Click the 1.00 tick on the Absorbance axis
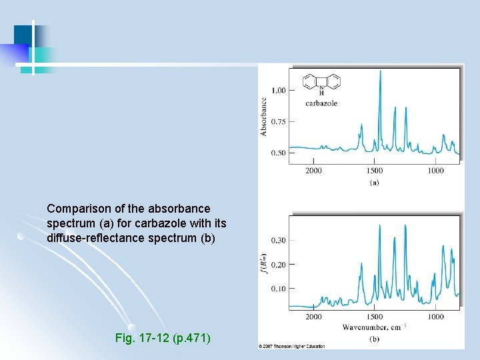click(278, 90)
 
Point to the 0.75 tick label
click(278, 121)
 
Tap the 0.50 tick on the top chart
click(278, 153)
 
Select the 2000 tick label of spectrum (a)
click(313, 171)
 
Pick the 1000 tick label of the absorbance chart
click(435, 171)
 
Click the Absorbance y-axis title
click(264, 117)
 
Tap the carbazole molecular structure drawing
click(321, 83)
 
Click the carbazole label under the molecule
click(321, 103)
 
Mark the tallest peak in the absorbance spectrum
click(380, 71)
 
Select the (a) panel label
click(374, 182)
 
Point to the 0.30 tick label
click(278, 240)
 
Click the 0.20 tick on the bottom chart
click(278, 265)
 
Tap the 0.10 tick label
click(278, 289)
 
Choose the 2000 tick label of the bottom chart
click(313, 317)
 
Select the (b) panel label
click(374, 339)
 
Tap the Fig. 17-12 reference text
click(163, 339)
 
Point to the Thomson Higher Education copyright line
click(292, 347)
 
